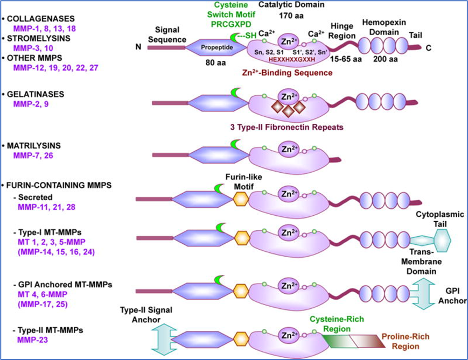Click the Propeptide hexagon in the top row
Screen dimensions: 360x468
point(215,47)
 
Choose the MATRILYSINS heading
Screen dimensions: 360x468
point(36,146)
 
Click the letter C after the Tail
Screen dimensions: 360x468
point(429,47)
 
